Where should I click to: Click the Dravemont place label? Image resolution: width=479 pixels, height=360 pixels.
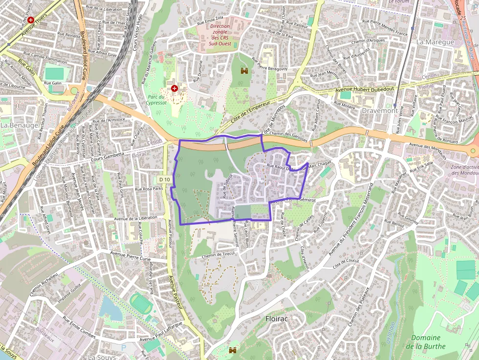coord(379,111)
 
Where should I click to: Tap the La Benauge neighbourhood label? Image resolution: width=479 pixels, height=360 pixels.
coord(19,125)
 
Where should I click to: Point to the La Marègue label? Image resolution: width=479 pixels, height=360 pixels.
coord(435,42)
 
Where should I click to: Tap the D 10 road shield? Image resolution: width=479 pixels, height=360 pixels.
coord(165,180)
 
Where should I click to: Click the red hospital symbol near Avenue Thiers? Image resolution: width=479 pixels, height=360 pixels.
coord(31,20)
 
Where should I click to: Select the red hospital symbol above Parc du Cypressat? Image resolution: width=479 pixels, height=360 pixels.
coord(174,88)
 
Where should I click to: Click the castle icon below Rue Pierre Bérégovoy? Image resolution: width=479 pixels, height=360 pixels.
coord(244,71)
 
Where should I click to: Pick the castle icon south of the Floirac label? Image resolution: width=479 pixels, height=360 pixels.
coord(233,350)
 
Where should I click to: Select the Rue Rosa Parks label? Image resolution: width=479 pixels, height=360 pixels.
coord(150,189)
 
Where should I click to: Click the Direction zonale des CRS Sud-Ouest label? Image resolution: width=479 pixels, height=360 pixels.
coord(220,35)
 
